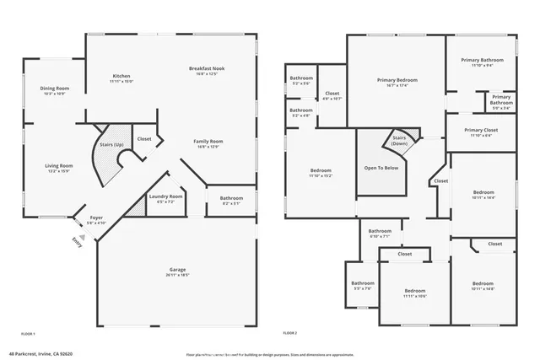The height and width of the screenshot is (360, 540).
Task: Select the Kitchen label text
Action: tap(121, 77)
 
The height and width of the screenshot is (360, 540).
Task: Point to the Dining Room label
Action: tap(54, 88)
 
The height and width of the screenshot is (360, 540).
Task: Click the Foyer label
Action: tap(97, 218)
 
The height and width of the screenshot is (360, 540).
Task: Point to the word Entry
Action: tap(78, 241)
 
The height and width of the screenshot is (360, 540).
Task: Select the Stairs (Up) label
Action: tap(113, 145)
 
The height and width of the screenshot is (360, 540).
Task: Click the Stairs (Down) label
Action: tap(400, 141)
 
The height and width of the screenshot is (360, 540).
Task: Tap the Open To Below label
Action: tap(382, 168)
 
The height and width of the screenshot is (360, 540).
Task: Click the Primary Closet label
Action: tap(482, 130)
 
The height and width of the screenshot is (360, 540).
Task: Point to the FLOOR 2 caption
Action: tap(290, 334)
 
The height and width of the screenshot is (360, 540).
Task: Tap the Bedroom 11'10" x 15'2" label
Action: tap(320, 171)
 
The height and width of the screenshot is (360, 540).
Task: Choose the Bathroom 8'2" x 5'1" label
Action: tap(231, 198)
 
